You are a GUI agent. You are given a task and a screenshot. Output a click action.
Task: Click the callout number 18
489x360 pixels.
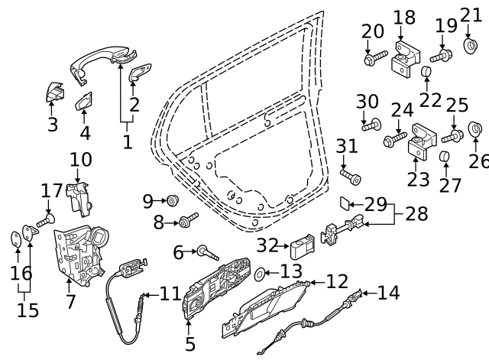404,17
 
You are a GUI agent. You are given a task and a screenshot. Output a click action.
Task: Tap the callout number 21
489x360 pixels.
471,15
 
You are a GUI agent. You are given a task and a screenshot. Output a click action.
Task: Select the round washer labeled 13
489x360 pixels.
260,273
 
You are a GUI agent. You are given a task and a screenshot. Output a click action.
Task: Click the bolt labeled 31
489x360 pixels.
352,178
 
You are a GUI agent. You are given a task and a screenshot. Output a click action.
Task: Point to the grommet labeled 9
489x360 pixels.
172,200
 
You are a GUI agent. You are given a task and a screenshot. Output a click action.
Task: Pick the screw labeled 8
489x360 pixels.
187,222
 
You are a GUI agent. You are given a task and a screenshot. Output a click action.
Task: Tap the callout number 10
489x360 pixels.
80,160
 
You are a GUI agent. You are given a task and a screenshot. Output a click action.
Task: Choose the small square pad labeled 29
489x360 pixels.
345,203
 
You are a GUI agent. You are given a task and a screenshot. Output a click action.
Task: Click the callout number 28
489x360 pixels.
416,213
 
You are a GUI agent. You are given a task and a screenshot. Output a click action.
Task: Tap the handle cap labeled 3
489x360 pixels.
54,94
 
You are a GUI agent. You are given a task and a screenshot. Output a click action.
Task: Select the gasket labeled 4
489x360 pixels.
84,104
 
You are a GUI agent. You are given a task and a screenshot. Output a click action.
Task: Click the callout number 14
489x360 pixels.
388,291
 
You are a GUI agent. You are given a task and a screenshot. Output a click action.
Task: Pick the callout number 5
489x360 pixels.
190,344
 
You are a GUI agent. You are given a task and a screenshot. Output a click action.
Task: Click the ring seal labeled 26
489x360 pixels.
474,128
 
